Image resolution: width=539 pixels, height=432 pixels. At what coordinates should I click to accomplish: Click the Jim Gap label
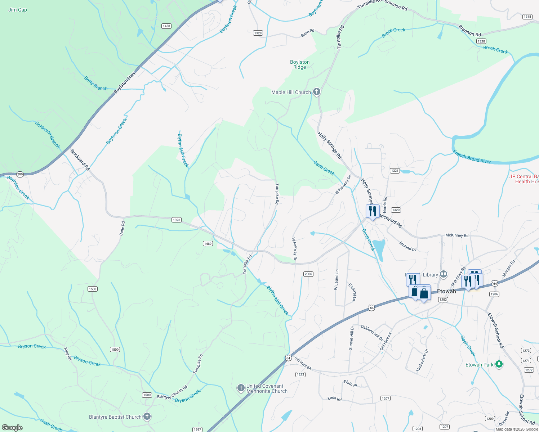click(x=18, y=10)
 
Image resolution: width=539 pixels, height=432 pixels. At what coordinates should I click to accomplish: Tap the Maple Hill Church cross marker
click(x=317, y=92)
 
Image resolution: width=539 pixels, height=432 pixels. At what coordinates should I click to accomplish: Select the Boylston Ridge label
click(x=300, y=64)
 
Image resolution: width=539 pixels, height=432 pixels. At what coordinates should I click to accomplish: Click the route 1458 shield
click(x=166, y=26)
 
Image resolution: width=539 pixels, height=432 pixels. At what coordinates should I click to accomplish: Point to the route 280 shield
click(x=20, y=175)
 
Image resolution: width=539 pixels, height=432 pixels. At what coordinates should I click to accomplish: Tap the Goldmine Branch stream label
click(x=48, y=135)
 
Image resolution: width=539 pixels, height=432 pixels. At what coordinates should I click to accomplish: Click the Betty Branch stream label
click(x=96, y=83)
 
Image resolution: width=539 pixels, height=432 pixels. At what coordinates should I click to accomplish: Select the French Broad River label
click(x=472, y=157)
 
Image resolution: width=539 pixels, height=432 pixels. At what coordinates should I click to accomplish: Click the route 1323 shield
click(x=176, y=220)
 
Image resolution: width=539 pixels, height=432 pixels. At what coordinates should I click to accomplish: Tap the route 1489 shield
click(x=208, y=244)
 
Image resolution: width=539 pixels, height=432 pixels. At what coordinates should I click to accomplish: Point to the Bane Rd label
click(x=122, y=229)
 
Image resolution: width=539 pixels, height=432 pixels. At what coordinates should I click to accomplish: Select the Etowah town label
click(x=446, y=291)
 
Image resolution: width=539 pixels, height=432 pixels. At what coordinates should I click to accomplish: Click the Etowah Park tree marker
click(x=499, y=365)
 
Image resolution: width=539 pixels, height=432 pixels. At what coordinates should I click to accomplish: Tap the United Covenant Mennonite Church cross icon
click(x=241, y=388)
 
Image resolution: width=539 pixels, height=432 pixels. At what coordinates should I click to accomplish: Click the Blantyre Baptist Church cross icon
click(x=147, y=417)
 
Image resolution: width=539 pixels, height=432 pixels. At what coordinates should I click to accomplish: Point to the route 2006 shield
click(x=308, y=274)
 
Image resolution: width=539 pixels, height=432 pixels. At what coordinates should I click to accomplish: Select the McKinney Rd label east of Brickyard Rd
click(x=457, y=235)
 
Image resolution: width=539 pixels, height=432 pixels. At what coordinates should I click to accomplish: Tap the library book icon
click(x=444, y=275)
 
